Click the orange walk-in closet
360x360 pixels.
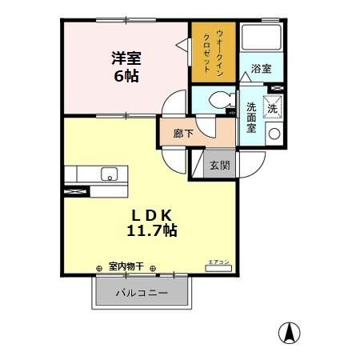click(x=213, y=51)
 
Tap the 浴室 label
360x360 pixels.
click(x=261, y=69)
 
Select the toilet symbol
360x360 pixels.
click(x=217, y=101)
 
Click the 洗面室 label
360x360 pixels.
click(x=251, y=118)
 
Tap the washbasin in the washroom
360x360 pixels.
click(x=273, y=134)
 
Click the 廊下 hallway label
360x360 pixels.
click(x=183, y=134)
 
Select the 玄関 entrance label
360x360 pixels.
click(x=220, y=166)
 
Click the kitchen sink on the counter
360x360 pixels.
click(x=108, y=174)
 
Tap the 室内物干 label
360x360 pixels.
click(x=126, y=266)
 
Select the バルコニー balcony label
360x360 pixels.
click(x=142, y=293)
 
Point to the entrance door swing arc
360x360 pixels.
click(x=250, y=164)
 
